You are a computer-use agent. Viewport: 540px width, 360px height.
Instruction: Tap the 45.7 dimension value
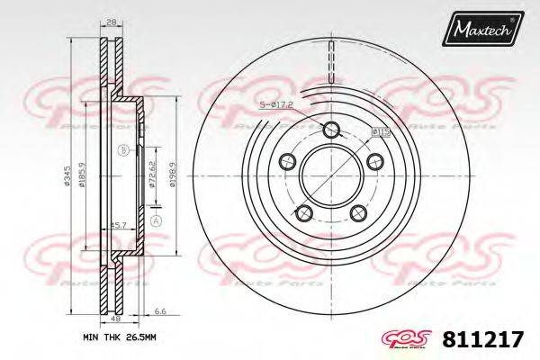(116, 223)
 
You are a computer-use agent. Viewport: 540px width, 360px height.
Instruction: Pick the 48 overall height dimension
(116, 318)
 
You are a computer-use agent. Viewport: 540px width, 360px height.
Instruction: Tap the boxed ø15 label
(380, 132)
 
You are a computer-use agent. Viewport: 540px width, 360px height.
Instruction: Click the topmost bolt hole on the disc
(330, 128)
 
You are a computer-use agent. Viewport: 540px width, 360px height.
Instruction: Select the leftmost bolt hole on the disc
(288, 161)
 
